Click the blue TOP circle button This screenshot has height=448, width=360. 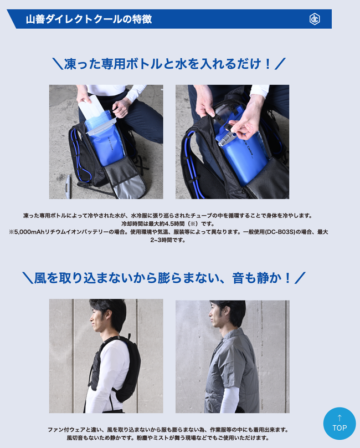pyautogui.click(x=340, y=424)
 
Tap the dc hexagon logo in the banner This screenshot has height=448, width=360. pyautogui.click(x=315, y=19)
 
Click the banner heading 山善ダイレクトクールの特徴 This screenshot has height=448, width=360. pyautogui.click(x=89, y=19)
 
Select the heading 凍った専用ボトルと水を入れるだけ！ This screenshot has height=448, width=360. pyautogui.click(x=169, y=64)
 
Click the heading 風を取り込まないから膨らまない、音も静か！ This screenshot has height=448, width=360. pyautogui.click(x=164, y=278)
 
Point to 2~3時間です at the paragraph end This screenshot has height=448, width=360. pyautogui.click(x=168, y=240)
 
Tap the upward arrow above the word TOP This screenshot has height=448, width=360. pyautogui.click(x=340, y=418)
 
